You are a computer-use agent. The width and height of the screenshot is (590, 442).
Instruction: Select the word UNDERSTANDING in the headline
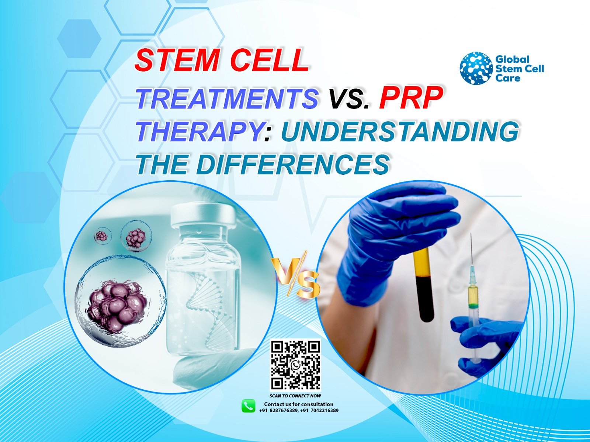tap(400, 131)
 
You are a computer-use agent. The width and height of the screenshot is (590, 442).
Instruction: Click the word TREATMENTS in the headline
tap(228, 98)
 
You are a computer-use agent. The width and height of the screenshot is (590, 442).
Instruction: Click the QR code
tap(295, 365)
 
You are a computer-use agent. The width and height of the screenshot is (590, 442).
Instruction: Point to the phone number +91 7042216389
tap(319, 411)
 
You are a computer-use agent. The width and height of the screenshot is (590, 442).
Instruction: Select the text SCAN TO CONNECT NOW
tap(295, 396)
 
